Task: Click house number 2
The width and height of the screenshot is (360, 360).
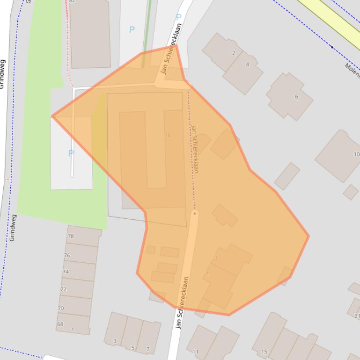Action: pos(234,53)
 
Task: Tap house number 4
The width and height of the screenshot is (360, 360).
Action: pos(248,65)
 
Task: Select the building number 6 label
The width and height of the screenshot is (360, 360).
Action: pos(296,97)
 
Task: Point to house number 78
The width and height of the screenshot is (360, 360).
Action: pos(71,236)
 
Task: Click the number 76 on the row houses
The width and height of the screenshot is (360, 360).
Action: pos(67,255)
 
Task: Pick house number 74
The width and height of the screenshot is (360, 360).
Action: pos(66,272)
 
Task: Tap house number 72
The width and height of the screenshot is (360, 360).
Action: pos(63,289)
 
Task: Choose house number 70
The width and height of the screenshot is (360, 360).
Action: pos(61,309)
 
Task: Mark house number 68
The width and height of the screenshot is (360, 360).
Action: pos(60,324)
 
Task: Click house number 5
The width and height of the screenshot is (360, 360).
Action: pos(132,347)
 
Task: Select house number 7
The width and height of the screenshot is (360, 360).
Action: pos(147,349)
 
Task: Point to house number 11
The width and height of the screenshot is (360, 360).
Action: pos(195,352)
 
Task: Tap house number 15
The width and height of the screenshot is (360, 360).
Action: pos(264,352)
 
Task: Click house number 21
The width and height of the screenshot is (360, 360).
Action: pos(357,316)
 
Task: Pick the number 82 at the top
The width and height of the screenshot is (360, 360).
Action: pos(72,1)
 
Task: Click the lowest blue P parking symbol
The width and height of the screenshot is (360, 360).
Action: pos(71,153)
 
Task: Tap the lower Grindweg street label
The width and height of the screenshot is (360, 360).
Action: pos(13,228)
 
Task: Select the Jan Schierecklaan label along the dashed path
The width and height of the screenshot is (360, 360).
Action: pos(195,149)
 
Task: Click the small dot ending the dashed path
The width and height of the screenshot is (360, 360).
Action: pos(194,214)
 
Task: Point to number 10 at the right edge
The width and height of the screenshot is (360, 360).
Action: pos(356,154)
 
